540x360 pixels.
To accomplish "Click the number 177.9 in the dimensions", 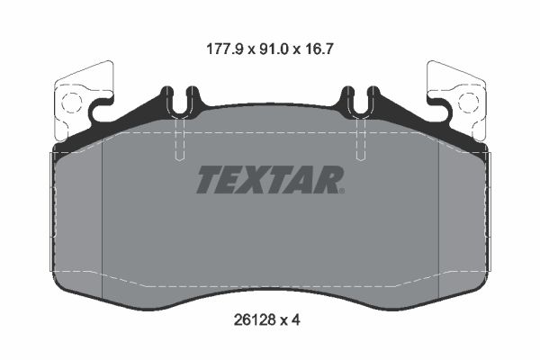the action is coord(225,49).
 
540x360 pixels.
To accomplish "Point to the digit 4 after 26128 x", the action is coord(296,320).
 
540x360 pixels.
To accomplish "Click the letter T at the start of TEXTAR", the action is coord(210,179).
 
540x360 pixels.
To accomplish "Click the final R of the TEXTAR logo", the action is coord(326,179).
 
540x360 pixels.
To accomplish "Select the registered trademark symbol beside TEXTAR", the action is coord(342,191).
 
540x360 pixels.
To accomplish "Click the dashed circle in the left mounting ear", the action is coord(72,103).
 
